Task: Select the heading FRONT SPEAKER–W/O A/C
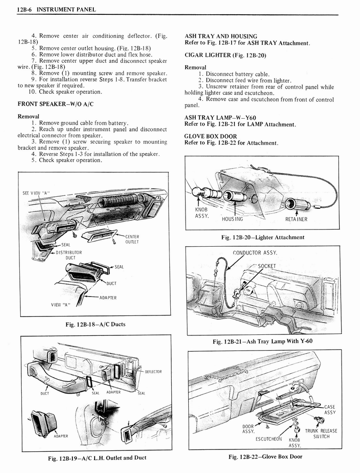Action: click(55, 104)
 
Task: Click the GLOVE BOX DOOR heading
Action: click(210, 136)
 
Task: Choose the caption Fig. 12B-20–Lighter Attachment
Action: click(263, 237)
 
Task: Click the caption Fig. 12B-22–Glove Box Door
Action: click(265, 457)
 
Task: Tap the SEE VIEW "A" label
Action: click(36, 193)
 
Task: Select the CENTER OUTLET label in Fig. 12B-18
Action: click(132, 239)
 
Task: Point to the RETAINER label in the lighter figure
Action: click(296, 219)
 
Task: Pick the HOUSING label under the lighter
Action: click(232, 219)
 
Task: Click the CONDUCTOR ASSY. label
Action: click(255, 253)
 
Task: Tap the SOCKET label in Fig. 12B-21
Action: click(267, 266)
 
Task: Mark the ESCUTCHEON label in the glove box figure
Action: click(269, 439)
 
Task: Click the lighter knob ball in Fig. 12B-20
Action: click(199, 192)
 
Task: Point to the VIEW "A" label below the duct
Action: click(60, 304)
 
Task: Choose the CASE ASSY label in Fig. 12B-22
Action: click(330, 410)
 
